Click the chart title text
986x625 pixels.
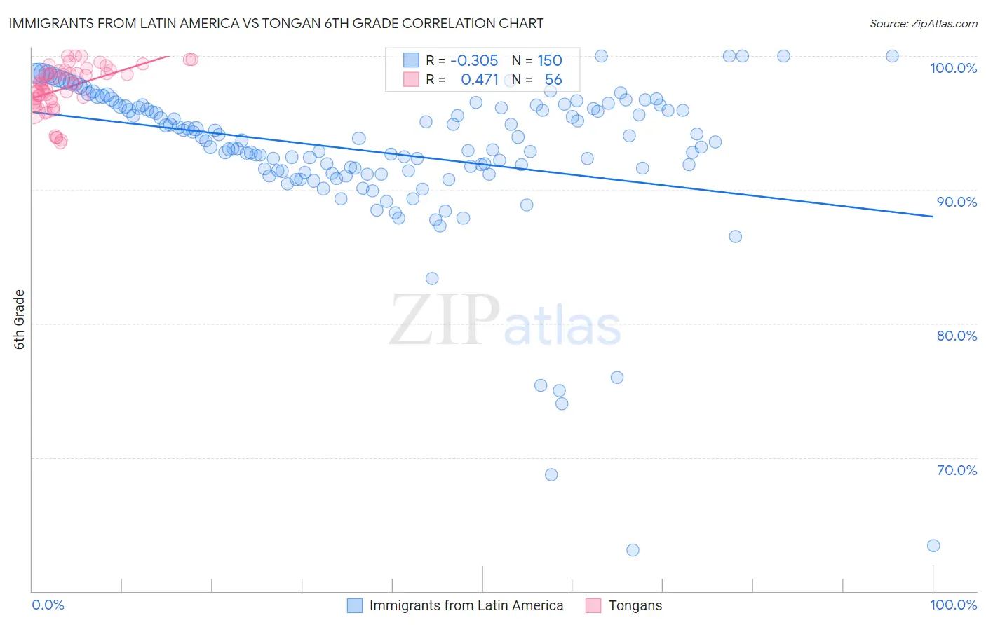click(276, 23)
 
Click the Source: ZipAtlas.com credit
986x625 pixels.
click(923, 23)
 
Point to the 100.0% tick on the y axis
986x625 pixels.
click(953, 68)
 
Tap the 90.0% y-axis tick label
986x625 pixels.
click(957, 202)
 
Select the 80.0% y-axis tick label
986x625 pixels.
click(957, 336)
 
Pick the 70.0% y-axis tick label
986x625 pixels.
click(957, 470)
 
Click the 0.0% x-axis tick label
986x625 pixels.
click(48, 605)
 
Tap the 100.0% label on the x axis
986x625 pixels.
click(953, 605)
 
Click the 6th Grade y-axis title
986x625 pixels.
click(20, 320)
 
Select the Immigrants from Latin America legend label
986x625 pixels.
click(466, 605)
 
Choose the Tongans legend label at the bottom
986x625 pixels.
click(635, 605)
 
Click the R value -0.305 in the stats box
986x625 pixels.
click(474, 60)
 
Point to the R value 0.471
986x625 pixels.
click(480, 79)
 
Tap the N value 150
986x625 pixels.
click(549, 60)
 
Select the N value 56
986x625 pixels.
click(553, 79)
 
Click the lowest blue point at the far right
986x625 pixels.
click(933, 545)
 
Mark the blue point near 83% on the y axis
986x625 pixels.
click(432, 278)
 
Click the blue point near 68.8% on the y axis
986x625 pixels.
click(551, 474)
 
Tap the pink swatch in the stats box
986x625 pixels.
click(411, 79)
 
